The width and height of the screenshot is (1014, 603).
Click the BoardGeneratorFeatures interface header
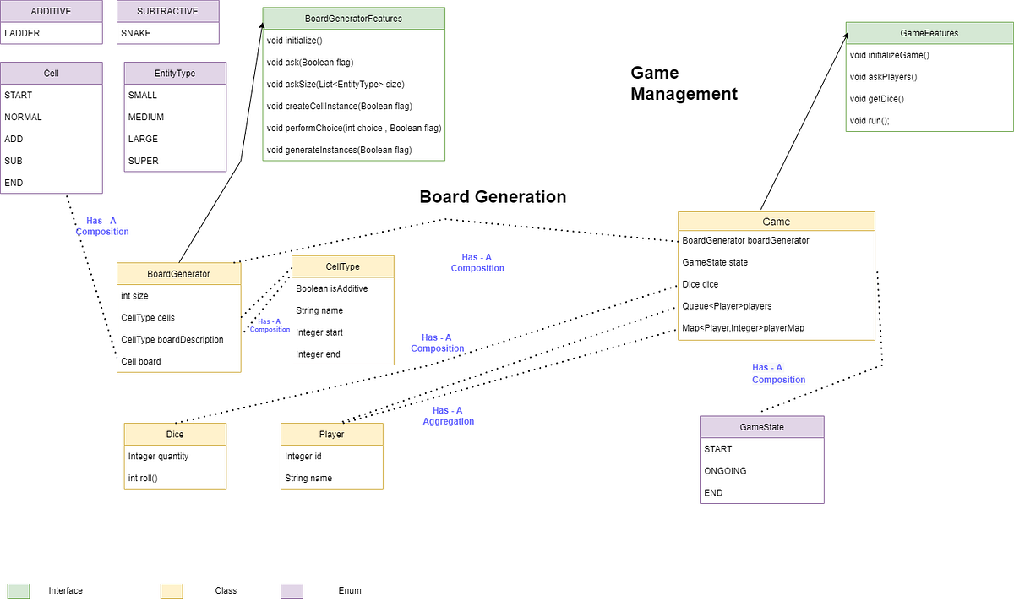pos(353,19)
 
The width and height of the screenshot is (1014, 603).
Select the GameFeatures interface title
pos(929,34)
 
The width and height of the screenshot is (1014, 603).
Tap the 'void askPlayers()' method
pos(883,77)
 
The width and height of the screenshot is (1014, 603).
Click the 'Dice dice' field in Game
pos(701,284)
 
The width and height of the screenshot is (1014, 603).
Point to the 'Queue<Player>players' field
pos(727,306)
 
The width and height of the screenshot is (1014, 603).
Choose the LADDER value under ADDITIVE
pos(22,33)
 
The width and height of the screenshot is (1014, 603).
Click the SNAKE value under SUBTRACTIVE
pos(136,33)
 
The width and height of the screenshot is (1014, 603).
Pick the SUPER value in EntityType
pos(143,161)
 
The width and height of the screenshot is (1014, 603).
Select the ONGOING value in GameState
pos(725,471)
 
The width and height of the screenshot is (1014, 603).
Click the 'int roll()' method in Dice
pos(143,478)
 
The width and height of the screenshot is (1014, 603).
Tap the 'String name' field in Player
pos(308,478)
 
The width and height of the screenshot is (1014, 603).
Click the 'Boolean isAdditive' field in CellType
pos(332,288)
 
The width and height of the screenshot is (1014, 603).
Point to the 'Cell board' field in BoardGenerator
pos(140,361)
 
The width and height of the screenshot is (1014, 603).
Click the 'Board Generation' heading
pos(493,197)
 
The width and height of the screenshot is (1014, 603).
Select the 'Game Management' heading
pos(684,83)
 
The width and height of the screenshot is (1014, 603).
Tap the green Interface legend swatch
pos(19,590)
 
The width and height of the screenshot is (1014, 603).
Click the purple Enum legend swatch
pos(292,590)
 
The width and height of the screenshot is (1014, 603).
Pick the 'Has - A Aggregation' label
pos(448,415)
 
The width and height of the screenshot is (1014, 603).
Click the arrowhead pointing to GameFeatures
pos(848,36)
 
